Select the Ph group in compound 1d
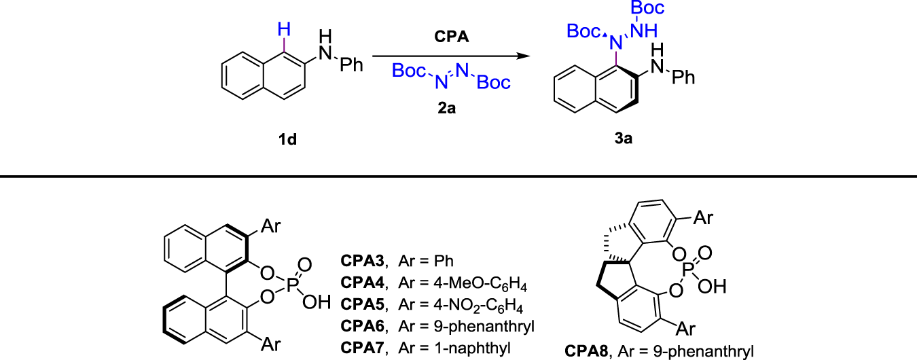tap(353, 66)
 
